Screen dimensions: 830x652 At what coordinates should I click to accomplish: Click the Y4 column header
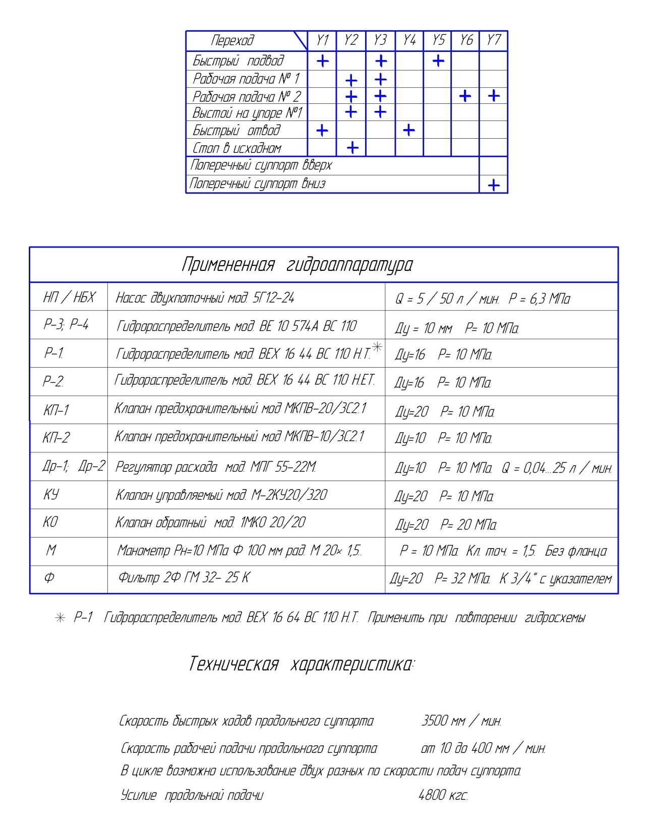[409, 40]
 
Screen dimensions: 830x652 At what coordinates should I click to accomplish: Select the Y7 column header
[493, 40]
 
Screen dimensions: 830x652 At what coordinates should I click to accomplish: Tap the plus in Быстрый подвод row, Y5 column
[438, 61]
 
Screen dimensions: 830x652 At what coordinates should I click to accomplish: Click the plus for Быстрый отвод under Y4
[409, 131]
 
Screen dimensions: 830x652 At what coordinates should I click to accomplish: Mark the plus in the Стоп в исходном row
[352, 148]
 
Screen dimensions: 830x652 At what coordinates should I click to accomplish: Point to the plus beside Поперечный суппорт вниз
[494, 185]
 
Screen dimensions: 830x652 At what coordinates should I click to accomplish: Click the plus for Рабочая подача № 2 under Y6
[465, 96]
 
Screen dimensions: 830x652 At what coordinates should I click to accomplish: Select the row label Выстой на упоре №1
[247, 113]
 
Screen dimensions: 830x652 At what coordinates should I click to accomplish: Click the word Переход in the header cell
[232, 40]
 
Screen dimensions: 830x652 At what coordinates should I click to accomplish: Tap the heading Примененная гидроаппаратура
[297, 264]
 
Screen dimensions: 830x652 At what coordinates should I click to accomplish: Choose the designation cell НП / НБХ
[69, 297]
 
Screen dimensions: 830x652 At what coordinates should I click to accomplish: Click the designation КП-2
[56, 437]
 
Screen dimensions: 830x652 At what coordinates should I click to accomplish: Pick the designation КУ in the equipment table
[51, 494]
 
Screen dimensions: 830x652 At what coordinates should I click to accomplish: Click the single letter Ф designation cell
[49, 577]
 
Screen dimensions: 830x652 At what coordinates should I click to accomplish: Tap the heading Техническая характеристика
[302, 664]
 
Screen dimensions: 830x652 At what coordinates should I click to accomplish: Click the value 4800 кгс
[443, 795]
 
